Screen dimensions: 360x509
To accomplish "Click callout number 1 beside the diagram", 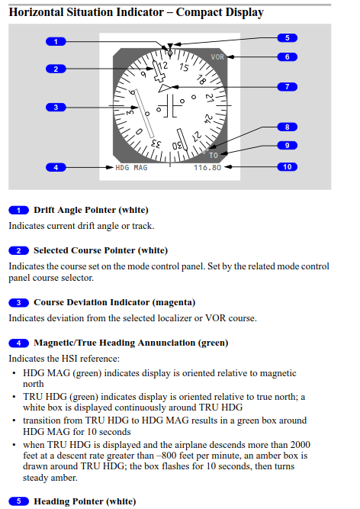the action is pos(56,41).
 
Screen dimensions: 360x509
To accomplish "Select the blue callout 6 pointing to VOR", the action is pos(288,56).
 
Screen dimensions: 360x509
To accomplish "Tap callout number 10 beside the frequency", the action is pos(288,167).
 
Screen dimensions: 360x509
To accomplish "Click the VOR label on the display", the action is pos(217,56).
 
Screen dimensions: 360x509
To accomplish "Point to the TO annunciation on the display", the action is pos(214,156).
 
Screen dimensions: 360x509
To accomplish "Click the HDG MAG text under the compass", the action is pos(131,167).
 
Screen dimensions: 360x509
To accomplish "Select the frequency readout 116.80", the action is pos(207,167).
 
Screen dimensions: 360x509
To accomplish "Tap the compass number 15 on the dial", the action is pos(184,67).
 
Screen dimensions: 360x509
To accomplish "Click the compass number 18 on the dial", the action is pos(201,80).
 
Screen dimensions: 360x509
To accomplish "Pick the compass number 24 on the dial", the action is pos(208,118).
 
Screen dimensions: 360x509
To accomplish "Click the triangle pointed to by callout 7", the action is pos(165,88).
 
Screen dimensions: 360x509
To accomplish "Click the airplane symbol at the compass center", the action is pos(169,106).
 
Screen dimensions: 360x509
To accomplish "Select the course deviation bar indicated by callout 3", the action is pos(143,113).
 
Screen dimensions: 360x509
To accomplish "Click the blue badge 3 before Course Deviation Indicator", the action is pos(18,302).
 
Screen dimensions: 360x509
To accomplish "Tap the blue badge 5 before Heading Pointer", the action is pos(18,501).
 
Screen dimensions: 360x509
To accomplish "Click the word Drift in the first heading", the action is pos(44,210).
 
